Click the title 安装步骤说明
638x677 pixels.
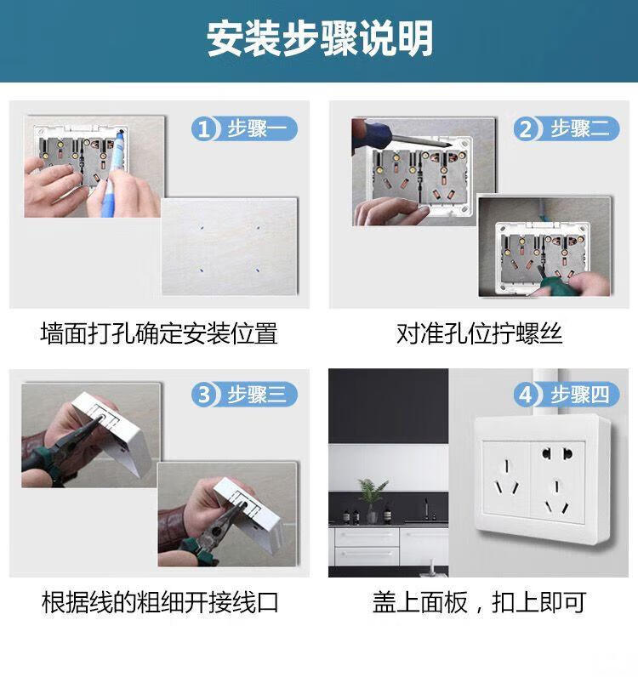320,39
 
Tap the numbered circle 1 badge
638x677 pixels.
203,128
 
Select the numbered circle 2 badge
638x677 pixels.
525,128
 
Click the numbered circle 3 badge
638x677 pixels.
203,394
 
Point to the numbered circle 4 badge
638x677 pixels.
525,394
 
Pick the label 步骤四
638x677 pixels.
579,394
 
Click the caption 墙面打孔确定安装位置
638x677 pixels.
159,333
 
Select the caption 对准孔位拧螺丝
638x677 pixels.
479,333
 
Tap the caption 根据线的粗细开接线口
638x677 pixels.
160,602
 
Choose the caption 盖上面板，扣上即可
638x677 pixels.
479,602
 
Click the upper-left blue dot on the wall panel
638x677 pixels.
202,227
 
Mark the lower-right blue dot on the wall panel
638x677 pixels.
258,270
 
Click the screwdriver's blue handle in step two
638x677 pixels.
372,133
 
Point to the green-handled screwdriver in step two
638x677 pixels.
545,282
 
